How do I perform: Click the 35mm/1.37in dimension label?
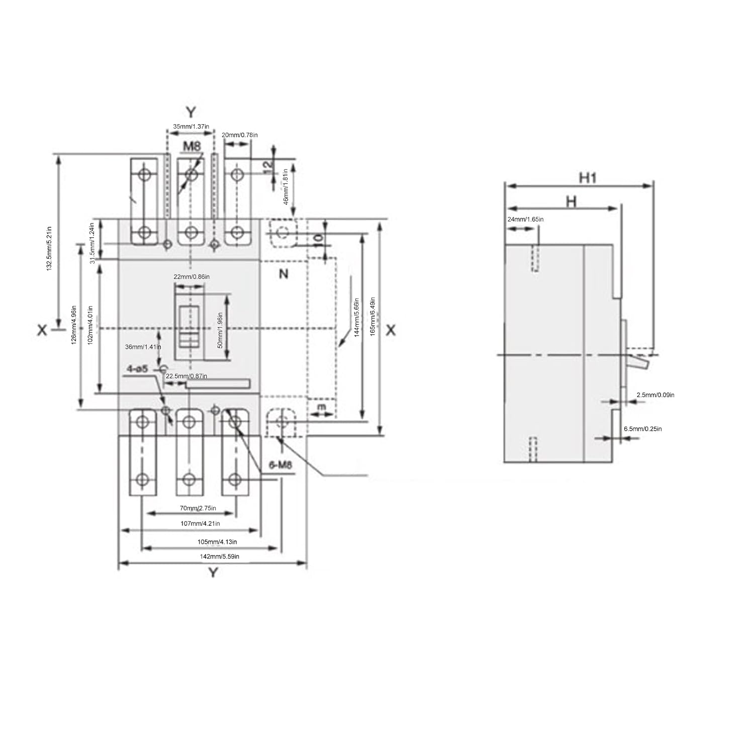tap(191, 127)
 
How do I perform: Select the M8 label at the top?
tap(192, 146)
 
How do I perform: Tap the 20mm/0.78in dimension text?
tap(240, 135)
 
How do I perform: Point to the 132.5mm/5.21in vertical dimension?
tap(49, 248)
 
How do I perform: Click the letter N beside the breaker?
tap(284, 274)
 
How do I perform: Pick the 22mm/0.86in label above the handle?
tap(192, 277)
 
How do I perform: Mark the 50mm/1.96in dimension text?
tap(220, 330)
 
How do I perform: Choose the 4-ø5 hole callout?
tap(137, 369)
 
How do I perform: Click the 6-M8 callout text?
tap(280, 465)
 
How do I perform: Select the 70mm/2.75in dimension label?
tap(198, 508)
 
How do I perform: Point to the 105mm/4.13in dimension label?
tap(217, 542)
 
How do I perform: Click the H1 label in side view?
tap(587, 177)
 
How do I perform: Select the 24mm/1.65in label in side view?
tap(525, 219)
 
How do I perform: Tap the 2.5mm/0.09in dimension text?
tap(655, 395)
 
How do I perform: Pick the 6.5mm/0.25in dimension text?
tap(643, 429)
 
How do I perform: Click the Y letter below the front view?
tap(213, 573)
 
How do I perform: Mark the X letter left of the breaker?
tap(42, 330)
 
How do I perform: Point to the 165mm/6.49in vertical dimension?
tap(373, 317)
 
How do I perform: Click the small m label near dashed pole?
tap(322, 406)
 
